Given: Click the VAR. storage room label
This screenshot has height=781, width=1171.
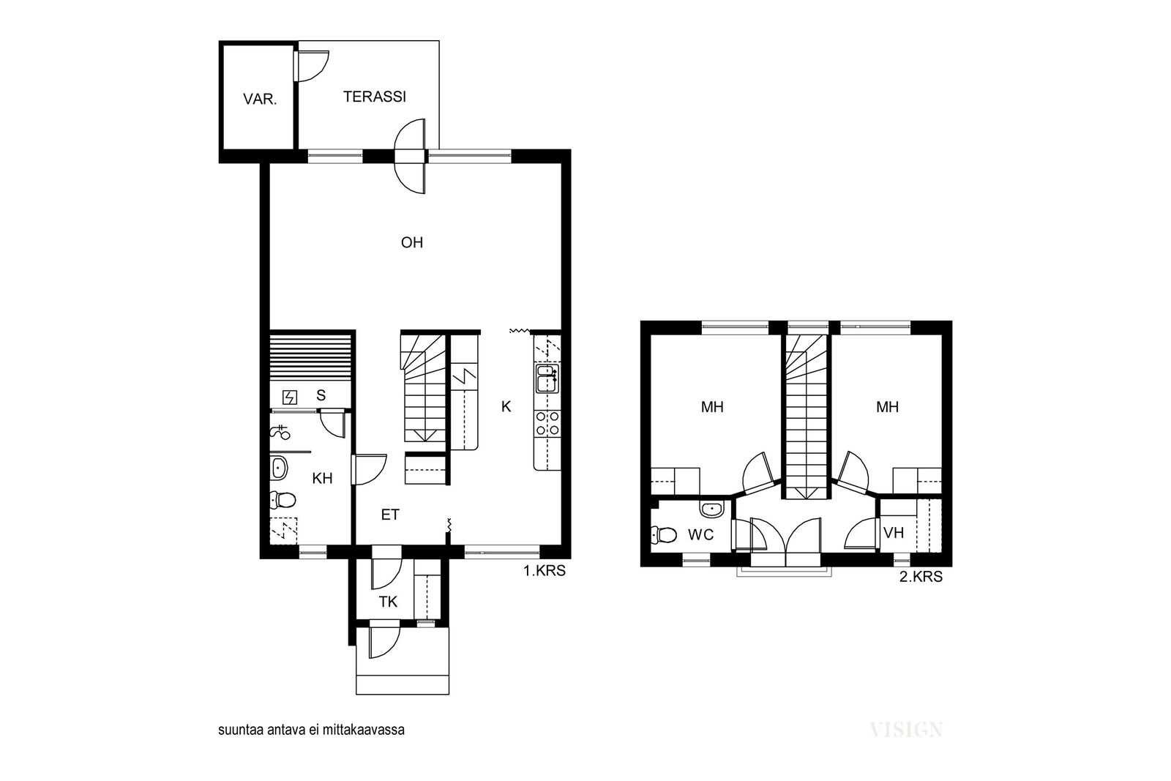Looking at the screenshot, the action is pos(260,99).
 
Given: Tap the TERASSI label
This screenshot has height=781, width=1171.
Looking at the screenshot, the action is pos(374,97).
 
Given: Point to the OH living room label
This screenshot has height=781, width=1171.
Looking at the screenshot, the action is pos(412,242).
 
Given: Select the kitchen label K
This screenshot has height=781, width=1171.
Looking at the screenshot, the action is pos(506,407).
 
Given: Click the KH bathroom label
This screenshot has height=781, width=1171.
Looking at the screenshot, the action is pos(322,478).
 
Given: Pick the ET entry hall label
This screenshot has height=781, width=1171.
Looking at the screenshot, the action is pos(390,515).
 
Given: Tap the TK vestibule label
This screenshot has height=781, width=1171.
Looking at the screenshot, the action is pos(388,602).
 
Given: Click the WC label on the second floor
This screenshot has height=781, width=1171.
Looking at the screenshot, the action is pos(700,535).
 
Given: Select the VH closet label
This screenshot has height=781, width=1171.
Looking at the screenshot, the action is pos(894,533).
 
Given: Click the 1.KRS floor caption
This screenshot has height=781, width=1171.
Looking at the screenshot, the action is pos(545,571).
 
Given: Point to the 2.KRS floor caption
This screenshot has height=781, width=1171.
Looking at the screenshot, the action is pos(921,577).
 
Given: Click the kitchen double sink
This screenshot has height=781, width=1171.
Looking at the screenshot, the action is pos(547,378).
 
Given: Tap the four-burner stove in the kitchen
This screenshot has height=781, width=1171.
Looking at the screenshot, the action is pos(547,423).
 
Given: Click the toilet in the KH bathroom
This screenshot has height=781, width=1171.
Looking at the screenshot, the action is pos(283,500).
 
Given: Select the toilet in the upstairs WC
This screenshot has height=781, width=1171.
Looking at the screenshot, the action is pos(663,535).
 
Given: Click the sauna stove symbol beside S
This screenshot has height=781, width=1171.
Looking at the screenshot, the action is pos(290,397).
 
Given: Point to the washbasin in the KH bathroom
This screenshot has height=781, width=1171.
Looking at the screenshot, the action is pos(279,468).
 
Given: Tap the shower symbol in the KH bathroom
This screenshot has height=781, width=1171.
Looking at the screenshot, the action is pos(280,433).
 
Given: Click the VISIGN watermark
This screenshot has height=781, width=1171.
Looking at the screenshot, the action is pos(906,730).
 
